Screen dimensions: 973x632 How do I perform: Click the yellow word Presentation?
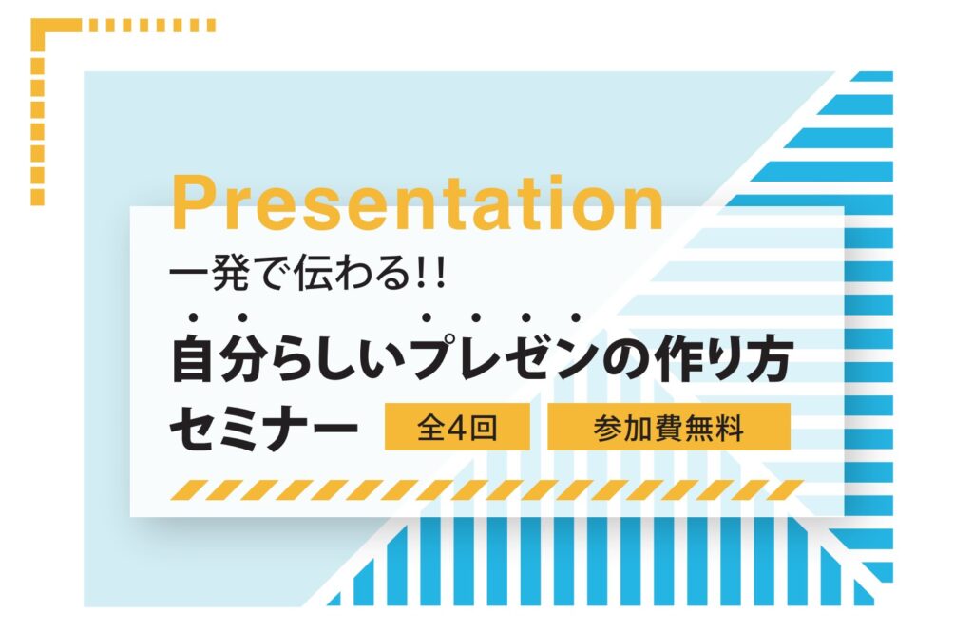[418, 203]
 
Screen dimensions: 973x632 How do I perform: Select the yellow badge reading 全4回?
[457, 427]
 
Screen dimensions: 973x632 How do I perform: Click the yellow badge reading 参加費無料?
[669, 427]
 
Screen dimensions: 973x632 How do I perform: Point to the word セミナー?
[264, 428]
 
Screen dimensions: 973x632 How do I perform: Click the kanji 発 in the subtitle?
[232, 273]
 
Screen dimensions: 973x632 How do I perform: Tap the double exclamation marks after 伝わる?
[431, 273]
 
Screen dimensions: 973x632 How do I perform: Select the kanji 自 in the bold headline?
[193, 360]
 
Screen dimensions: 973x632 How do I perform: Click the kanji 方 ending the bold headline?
[770, 360]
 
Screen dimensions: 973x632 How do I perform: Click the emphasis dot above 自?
[193, 317]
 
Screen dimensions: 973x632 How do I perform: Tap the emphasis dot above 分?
[242, 317]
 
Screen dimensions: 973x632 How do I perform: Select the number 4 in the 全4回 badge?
[457, 428]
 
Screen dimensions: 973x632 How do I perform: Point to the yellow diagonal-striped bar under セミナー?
[487, 489]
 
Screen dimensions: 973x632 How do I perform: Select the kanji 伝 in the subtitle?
[315, 273]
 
